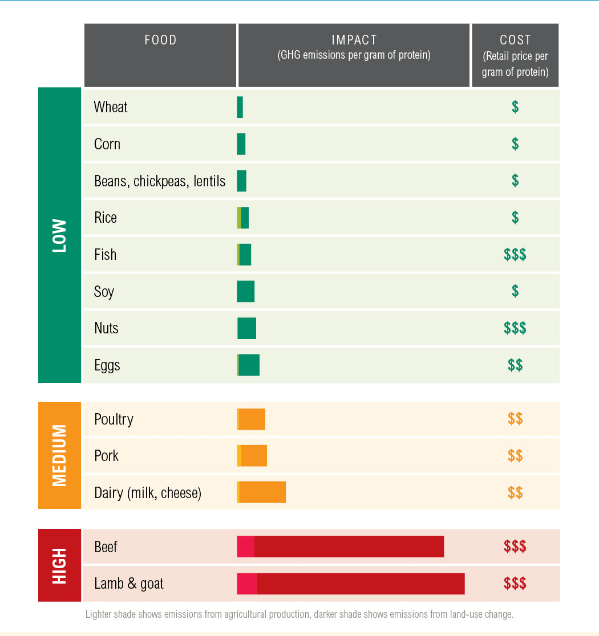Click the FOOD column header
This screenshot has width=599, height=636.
[x=160, y=40]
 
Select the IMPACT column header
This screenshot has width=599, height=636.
[x=354, y=47]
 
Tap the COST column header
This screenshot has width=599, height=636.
[x=515, y=55]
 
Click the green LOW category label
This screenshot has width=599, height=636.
[x=59, y=235]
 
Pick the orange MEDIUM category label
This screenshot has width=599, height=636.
[x=59, y=455]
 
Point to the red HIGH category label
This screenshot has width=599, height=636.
[x=59, y=565]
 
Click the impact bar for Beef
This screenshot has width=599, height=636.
[x=341, y=547]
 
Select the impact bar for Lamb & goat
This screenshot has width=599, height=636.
[x=351, y=584]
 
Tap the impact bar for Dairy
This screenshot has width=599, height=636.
[x=261, y=492]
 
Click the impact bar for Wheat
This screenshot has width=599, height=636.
[x=240, y=107]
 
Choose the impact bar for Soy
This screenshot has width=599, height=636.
[x=246, y=291]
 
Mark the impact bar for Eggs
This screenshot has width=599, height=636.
[x=248, y=365]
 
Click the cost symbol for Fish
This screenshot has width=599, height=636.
[x=515, y=255]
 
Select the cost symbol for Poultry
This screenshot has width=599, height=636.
[x=515, y=419]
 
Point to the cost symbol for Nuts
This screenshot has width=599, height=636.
[x=515, y=328]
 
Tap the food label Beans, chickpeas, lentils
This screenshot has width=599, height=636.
[x=160, y=181]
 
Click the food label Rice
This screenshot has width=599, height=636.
[x=106, y=218]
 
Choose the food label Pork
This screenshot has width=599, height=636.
[x=107, y=456]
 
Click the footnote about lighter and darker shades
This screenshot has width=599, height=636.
[x=299, y=614]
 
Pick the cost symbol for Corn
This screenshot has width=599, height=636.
[x=515, y=144]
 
